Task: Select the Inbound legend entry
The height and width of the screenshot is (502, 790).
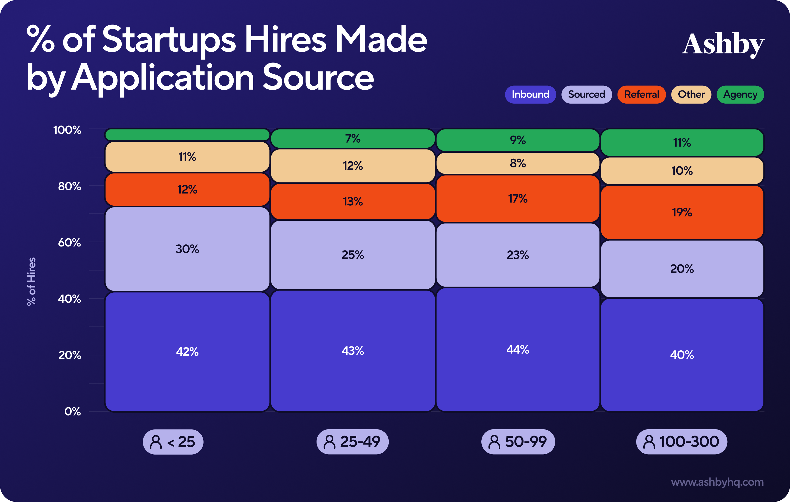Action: coord(530,95)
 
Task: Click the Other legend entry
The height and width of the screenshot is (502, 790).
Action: coord(691,95)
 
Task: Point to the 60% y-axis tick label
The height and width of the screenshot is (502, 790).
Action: coord(69,243)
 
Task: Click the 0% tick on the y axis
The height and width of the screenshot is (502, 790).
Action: coord(72,411)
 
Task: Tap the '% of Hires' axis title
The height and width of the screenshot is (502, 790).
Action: coord(32,281)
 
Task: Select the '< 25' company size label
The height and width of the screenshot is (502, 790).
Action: coord(173,442)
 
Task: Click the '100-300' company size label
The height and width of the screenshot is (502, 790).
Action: coord(682,442)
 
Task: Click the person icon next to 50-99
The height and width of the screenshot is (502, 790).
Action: coord(494,442)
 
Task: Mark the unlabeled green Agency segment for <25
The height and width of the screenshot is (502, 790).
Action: coord(187,135)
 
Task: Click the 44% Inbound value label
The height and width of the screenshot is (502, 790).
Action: coord(518,350)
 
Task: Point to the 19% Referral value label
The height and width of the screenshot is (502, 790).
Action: coord(682,212)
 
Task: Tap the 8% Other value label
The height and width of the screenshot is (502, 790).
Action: coord(518,163)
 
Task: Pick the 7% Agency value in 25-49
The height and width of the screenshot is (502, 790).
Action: coord(353,139)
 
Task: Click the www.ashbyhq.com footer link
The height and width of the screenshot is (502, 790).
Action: coord(717,482)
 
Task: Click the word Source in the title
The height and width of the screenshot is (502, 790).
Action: coord(318,78)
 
